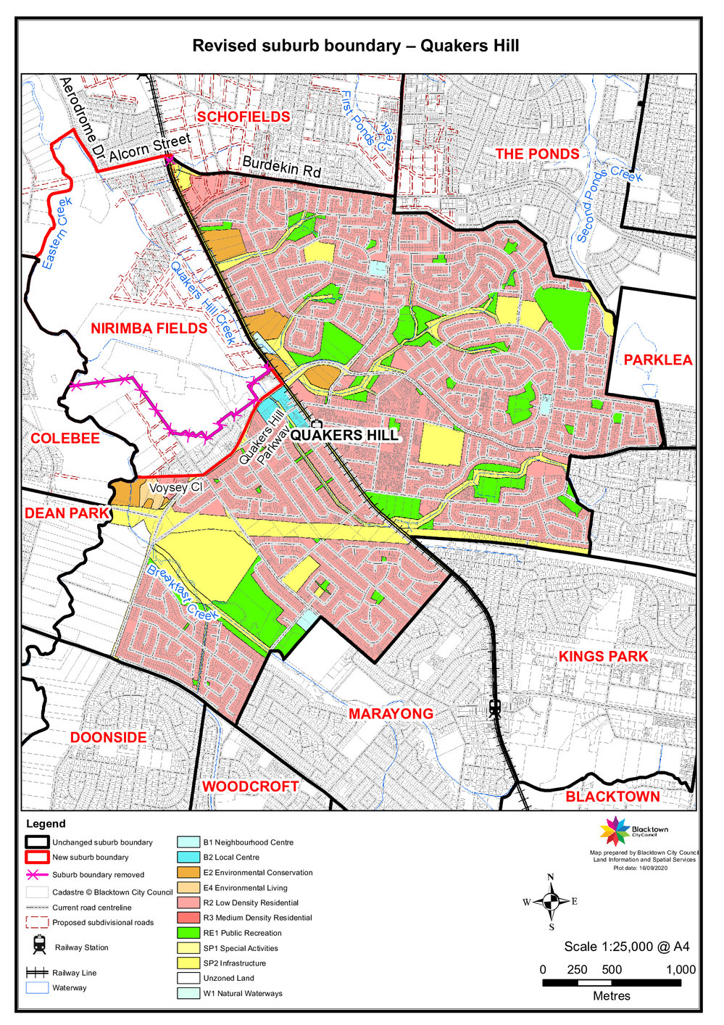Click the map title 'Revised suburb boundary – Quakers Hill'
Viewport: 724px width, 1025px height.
click(x=355, y=46)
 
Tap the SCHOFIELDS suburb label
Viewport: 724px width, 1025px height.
click(x=244, y=117)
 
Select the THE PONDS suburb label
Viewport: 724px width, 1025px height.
click(x=537, y=154)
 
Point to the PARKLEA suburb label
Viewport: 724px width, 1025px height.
click(x=658, y=360)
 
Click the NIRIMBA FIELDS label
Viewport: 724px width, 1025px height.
click(x=149, y=328)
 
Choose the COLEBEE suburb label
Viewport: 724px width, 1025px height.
click(x=65, y=439)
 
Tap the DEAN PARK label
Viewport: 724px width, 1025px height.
click(x=67, y=513)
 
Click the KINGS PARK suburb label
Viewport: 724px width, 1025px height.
click(x=603, y=656)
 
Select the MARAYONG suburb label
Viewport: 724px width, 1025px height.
click(x=391, y=714)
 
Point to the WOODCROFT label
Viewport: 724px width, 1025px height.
click(x=250, y=787)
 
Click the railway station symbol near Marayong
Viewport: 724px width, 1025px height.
click(x=496, y=707)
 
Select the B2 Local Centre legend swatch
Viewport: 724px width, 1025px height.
click(x=188, y=858)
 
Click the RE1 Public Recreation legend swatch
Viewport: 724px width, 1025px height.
click(x=188, y=933)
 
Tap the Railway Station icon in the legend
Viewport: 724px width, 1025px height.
click(x=40, y=945)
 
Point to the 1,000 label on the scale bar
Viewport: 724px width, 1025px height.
click(x=681, y=970)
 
